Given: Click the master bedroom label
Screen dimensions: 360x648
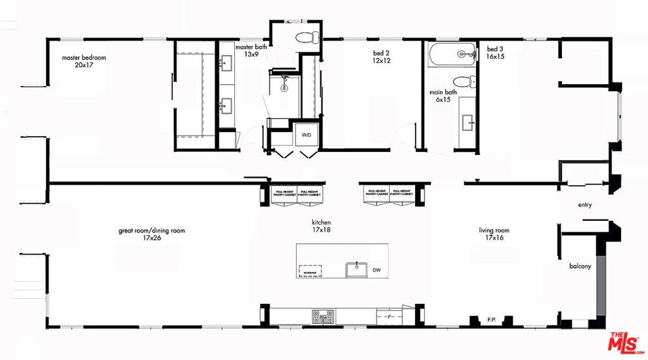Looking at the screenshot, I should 84,58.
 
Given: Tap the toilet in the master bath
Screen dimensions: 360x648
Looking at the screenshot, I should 306,37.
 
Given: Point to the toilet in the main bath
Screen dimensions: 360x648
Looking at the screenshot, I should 464,82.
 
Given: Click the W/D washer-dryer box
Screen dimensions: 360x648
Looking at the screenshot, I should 306,135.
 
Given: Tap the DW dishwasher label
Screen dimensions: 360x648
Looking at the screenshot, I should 377,270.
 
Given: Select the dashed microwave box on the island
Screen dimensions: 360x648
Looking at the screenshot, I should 309,270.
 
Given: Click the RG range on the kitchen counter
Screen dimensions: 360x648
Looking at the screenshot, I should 323,314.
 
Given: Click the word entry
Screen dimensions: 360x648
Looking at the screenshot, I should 585,205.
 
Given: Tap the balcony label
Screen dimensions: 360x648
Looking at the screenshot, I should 580,266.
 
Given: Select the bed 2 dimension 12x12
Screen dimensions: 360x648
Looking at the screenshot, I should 382,61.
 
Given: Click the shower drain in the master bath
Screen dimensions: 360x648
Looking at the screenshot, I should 284,89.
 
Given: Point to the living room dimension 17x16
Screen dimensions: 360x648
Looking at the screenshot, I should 494,239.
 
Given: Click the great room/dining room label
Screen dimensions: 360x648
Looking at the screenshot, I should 152,231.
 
